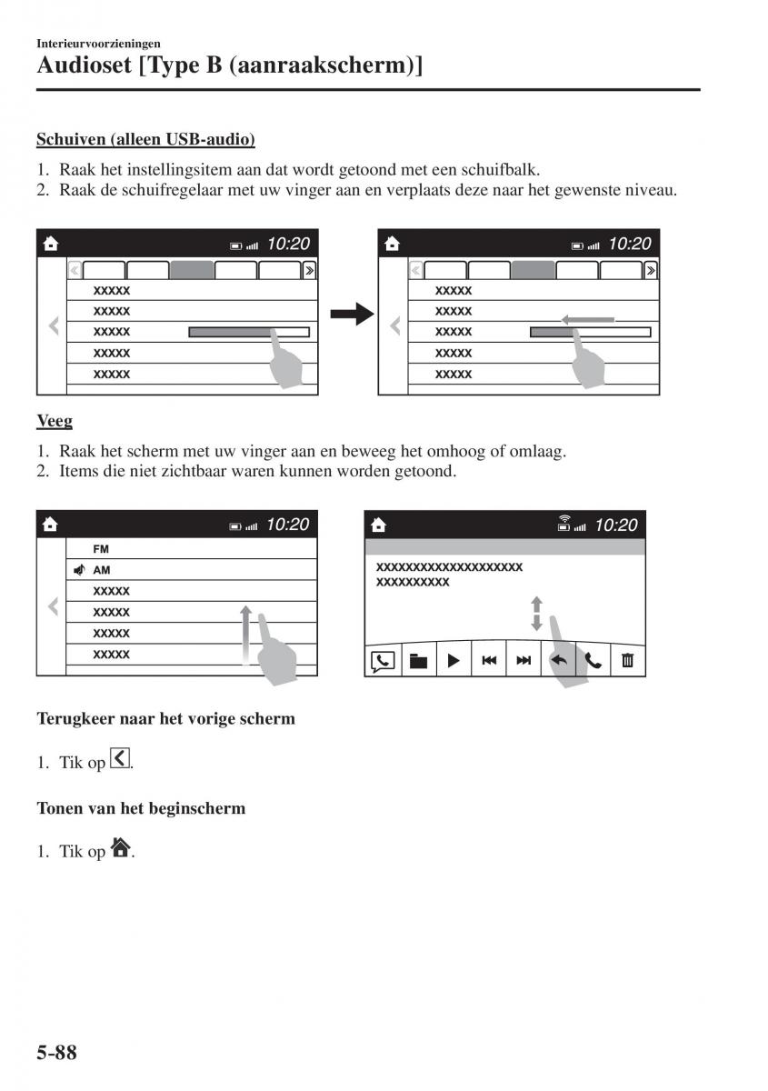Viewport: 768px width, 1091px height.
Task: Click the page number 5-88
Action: point(57,1053)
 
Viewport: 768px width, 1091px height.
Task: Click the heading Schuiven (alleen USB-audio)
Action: point(145,140)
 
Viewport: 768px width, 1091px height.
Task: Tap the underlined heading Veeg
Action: point(55,421)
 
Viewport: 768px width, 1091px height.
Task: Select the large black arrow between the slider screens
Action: point(352,315)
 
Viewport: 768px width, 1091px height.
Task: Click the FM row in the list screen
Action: point(101,549)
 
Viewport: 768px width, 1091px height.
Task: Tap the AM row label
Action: point(102,570)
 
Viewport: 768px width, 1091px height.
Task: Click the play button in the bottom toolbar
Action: point(453,661)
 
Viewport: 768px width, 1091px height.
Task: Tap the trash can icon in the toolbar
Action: point(627,661)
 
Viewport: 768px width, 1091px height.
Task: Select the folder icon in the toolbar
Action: point(418,661)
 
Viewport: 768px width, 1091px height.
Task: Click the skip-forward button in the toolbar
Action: point(523,661)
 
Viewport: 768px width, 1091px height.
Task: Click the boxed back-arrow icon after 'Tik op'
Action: point(119,759)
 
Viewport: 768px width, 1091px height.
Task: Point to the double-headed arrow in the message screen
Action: point(536,613)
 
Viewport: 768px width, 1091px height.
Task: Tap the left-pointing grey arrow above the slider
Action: point(588,319)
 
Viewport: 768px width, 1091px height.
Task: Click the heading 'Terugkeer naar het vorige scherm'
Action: point(165,718)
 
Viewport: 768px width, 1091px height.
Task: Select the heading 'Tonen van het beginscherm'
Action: point(141,807)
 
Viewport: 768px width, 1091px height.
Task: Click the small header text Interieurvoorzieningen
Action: point(98,43)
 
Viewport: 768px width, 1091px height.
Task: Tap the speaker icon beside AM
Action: point(80,570)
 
